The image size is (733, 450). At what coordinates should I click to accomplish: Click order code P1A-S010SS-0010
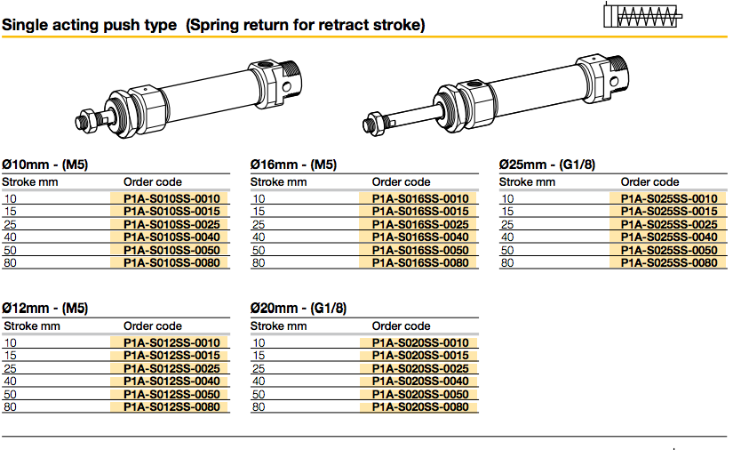tap(171, 198)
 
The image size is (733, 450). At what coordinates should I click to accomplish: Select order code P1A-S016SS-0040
tap(419, 237)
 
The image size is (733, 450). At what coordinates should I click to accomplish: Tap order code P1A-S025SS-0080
tap(668, 263)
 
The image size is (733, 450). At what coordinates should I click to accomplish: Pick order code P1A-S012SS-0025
tap(171, 368)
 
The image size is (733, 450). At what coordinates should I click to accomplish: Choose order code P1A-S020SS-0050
tap(419, 394)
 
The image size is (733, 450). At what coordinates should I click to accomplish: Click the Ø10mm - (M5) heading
tap(45, 165)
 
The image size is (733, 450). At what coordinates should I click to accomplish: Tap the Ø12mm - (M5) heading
tap(45, 309)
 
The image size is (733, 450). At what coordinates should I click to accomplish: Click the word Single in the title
tap(26, 25)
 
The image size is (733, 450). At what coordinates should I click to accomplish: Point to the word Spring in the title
tap(219, 25)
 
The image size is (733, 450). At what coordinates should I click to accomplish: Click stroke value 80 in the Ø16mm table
tap(259, 263)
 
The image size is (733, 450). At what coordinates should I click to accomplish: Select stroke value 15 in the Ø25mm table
tap(507, 212)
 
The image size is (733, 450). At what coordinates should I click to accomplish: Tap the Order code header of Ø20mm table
tap(401, 326)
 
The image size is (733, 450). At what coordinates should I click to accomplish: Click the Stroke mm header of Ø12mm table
tap(31, 326)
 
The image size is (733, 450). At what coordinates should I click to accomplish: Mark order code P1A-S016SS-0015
tap(419, 212)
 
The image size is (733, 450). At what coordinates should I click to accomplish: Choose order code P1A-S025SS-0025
tap(668, 224)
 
